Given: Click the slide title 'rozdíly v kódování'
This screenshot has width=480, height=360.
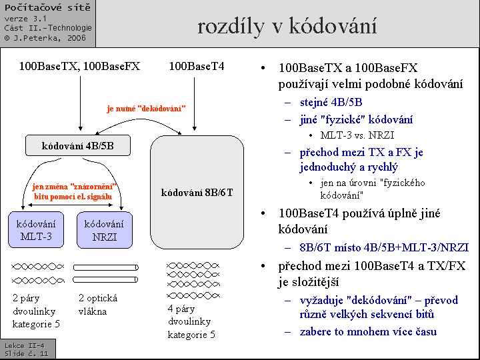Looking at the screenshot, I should (287, 26).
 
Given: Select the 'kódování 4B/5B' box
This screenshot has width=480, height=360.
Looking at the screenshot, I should (77, 145).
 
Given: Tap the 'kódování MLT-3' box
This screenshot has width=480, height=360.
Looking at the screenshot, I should (35, 230).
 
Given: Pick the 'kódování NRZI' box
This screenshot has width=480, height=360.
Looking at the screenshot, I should (104, 230).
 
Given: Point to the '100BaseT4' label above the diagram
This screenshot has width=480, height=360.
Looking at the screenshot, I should (197, 66).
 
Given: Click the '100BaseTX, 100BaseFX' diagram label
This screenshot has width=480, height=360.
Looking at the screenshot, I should (79, 66).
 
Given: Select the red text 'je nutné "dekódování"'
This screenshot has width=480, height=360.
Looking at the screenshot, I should (146, 108).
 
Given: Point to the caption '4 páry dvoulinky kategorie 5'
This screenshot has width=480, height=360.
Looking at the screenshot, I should (191, 321).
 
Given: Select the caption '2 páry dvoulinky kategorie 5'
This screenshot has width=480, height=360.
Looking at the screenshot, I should (36, 311).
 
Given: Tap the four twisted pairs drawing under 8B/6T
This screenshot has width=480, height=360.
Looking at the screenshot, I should (192, 280).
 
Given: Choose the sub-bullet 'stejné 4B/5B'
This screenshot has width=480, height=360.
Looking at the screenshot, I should (331, 102).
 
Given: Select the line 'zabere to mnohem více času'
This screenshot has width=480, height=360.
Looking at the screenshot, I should (368, 331).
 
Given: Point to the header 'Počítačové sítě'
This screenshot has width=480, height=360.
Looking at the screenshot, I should (47, 7).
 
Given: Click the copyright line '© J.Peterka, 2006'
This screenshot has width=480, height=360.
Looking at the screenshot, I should (45, 38).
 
